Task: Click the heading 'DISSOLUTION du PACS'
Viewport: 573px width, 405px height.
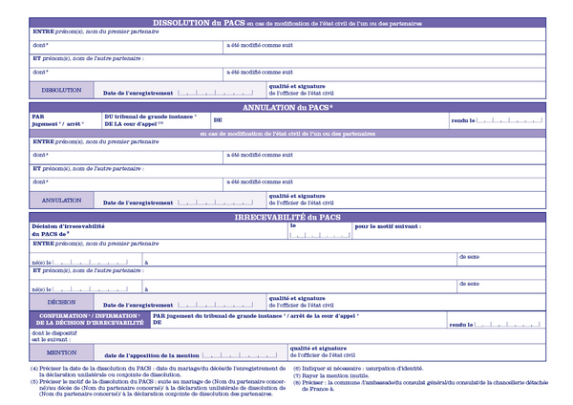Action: (197, 22)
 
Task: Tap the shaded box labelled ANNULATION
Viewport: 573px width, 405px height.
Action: (62, 201)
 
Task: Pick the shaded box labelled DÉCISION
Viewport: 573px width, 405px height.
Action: (62, 302)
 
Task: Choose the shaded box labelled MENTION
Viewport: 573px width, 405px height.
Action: (62, 352)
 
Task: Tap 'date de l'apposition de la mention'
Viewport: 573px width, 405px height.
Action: (156, 354)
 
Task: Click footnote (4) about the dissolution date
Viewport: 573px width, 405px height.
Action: (158, 372)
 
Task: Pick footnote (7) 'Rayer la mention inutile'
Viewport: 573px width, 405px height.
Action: (334, 374)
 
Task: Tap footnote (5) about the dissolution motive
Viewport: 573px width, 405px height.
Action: (158, 388)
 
